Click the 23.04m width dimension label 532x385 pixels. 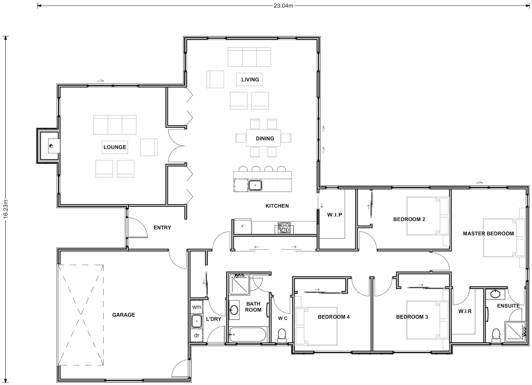283,6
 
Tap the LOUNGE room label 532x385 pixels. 115,147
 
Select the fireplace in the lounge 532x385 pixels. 51,146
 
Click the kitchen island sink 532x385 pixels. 255,185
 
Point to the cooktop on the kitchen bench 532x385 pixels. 284,228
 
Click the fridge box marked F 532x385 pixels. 242,226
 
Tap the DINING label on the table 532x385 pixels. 265,138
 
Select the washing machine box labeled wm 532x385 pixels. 197,307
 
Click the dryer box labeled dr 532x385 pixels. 197,335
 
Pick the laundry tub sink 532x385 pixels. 197,321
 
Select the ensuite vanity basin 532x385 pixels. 495,294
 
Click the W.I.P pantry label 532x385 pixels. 335,215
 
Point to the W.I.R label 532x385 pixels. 465,311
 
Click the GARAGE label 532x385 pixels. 123,315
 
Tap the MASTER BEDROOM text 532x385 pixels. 488,234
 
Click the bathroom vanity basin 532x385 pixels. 234,310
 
